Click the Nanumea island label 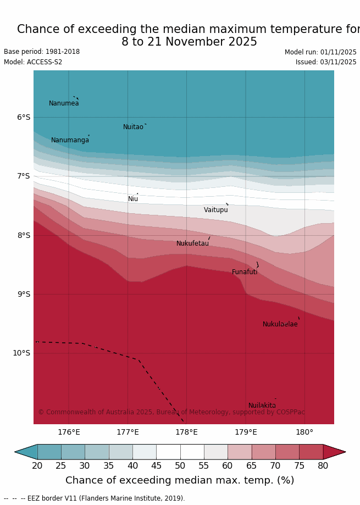64,103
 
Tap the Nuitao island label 133,127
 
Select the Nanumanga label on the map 70,140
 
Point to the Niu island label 133,199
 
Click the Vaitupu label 215,210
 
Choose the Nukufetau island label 192,243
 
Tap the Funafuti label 244,272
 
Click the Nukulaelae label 280,324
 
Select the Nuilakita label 262,406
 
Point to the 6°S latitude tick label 24,117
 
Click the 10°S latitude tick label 21,353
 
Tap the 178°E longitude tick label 186,432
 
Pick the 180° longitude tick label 304,432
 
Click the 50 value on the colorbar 180,466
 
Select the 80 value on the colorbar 323,466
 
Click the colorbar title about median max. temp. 180,480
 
